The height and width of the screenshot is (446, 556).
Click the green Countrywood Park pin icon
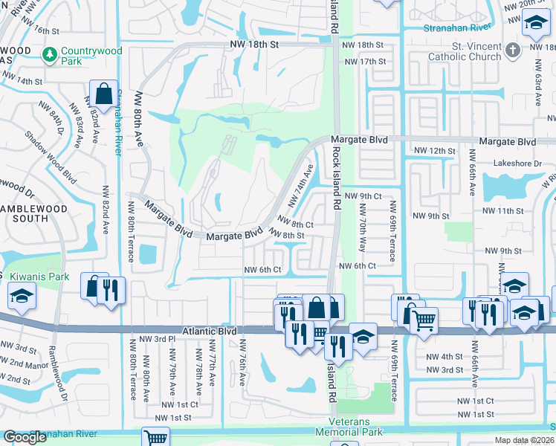coord(50,54)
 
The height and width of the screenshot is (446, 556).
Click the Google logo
coord(25,437)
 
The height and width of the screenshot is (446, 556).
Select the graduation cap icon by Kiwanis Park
coord(22,297)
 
